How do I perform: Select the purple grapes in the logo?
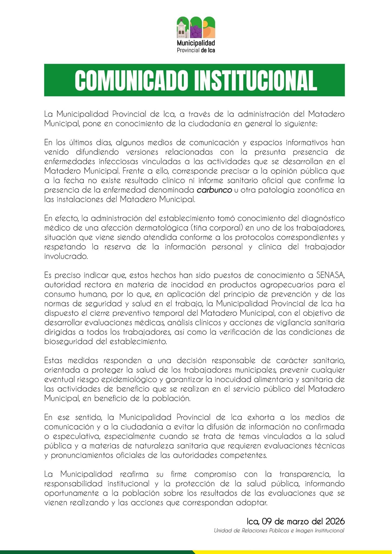196,31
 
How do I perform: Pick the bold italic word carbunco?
214,190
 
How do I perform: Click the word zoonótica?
312,190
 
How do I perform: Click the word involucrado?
66,256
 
